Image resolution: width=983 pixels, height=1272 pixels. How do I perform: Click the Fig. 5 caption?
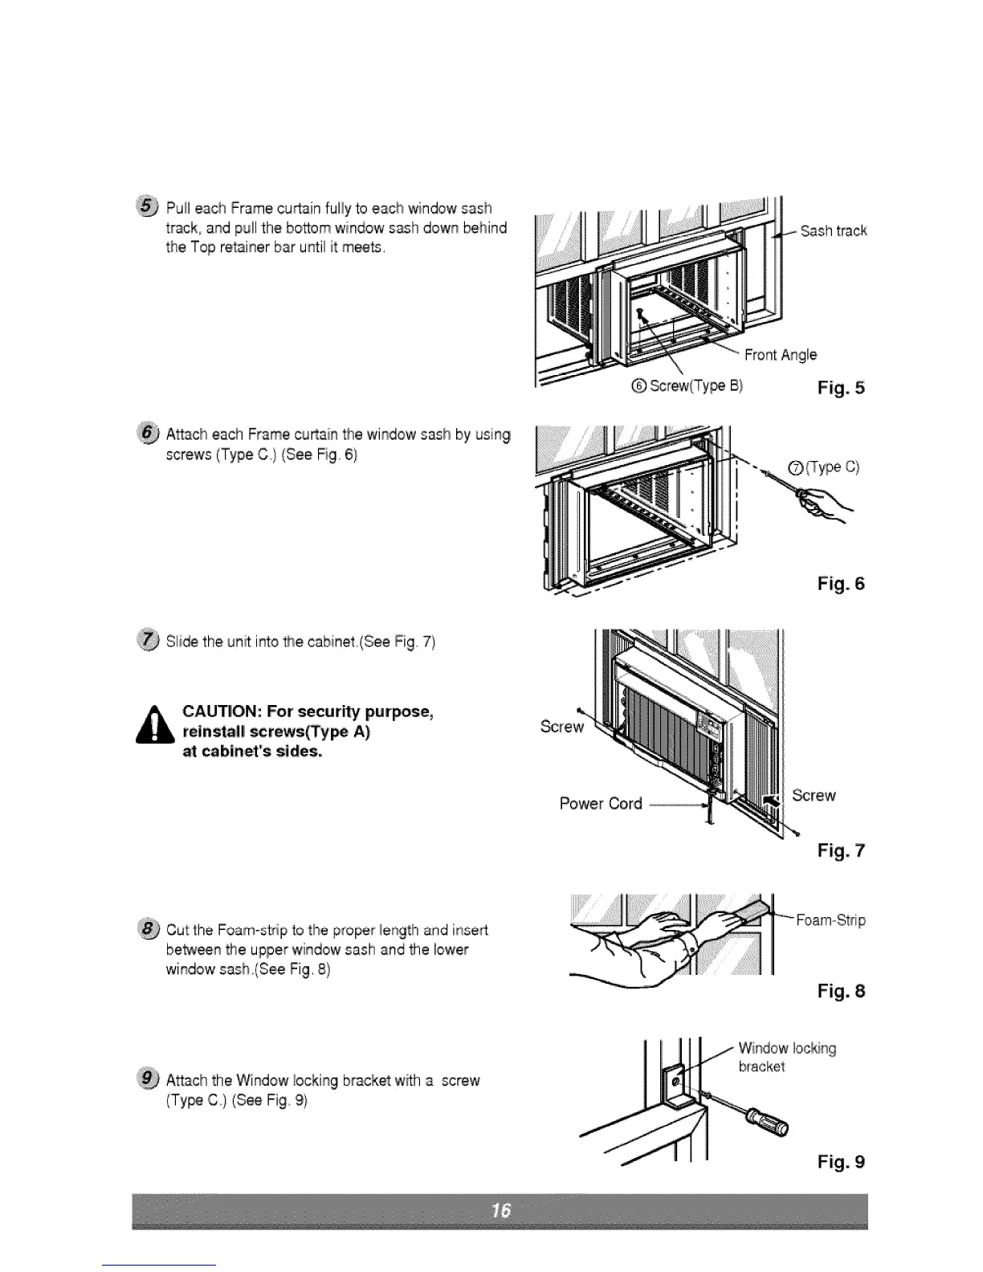(840, 389)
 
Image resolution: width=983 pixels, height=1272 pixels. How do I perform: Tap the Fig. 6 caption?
(840, 584)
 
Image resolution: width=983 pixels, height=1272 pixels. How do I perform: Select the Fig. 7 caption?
(840, 850)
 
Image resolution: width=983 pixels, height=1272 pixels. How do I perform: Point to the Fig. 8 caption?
(840, 992)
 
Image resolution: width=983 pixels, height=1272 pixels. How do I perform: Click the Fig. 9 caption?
(840, 1162)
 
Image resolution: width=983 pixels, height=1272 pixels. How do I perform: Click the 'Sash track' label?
(834, 231)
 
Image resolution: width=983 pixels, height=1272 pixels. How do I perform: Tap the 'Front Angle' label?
(780, 355)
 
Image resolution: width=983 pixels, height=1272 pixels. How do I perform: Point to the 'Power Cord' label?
(600, 804)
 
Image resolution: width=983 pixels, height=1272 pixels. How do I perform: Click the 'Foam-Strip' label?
(830, 920)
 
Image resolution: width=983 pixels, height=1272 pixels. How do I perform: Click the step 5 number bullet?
(149, 208)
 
